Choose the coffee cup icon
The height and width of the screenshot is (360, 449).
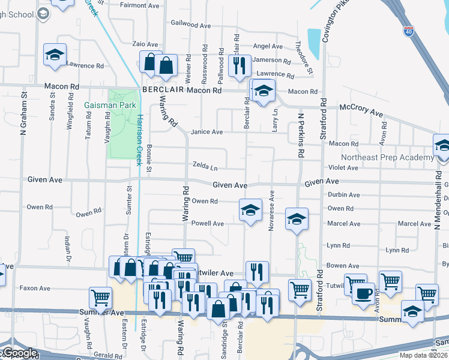[364, 293]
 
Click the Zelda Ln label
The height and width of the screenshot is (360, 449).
[205, 165]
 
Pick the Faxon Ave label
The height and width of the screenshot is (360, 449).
[33, 288]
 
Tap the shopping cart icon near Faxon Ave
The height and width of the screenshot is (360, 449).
[100, 296]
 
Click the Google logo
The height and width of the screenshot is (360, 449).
[19, 353]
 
